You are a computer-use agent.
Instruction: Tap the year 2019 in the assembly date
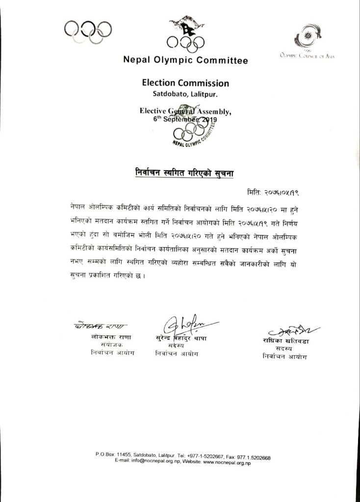tap(206, 119)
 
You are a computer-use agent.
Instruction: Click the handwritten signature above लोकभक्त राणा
tap(101, 326)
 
